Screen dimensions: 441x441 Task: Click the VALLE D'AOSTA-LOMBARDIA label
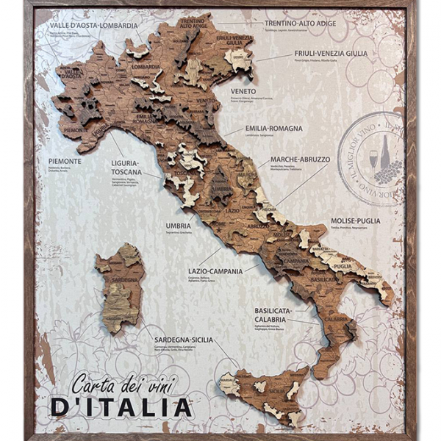(x=93, y=25)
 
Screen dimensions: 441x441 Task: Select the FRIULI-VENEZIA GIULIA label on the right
(x=331, y=53)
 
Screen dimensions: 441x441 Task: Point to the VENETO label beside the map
(x=243, y=92)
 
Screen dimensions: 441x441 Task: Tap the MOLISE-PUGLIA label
(x=356, y=220)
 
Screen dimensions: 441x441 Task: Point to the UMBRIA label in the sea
(x=178, y=226)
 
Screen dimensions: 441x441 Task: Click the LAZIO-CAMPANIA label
(x=215, y=271)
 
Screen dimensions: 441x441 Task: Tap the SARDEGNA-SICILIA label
(x=183, y=340)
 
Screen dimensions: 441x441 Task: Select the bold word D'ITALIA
(x=121, y=406)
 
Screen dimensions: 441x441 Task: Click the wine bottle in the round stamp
(x=384, y=152)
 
